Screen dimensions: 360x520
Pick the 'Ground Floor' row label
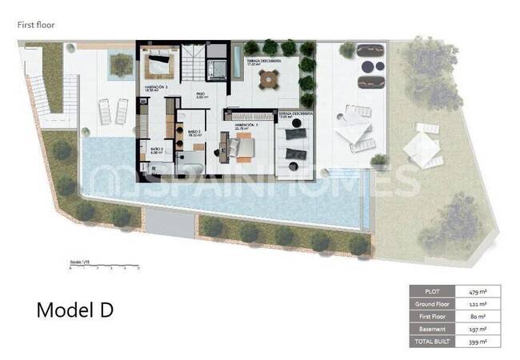(432, 304)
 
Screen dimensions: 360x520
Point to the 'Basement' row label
(432, 329)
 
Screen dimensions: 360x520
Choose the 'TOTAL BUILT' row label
(432, 342)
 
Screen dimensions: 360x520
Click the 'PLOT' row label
(432, 291)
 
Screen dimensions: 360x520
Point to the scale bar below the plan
(104, 266)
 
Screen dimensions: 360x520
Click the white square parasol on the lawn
(421, 147)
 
